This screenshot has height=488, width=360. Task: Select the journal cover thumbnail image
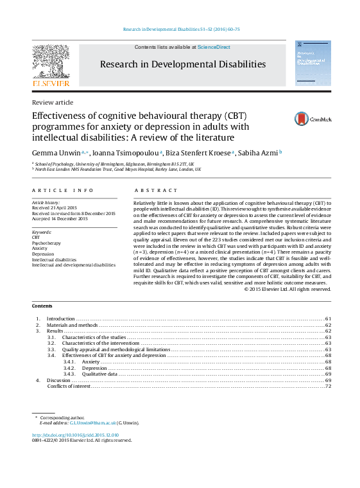coord(313,64)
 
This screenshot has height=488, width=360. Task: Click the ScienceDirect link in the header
coord(215,48)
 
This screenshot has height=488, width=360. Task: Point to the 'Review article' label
coord(53,103)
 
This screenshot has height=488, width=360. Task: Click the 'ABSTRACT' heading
coord(156,191)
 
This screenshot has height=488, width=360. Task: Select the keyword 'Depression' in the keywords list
coord(43,254)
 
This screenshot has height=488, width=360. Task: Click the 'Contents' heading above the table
coord(42,306)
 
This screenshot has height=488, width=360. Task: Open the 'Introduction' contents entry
coord(61,318)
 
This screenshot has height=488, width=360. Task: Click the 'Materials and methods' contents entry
coord(72,325)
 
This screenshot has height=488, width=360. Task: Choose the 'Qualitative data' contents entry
coord(99,374)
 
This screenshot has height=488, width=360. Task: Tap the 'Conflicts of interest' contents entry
coord(69,386)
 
